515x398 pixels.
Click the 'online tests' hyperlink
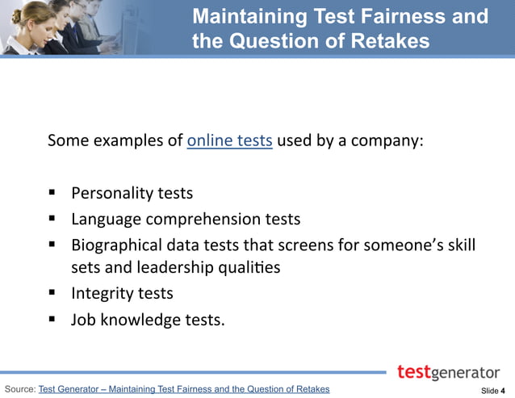point(229,140)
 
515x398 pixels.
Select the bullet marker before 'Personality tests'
point(52,193)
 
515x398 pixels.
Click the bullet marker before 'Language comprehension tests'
point(52,218)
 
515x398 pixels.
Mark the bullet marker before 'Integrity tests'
point(52,292)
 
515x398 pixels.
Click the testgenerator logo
point(448,372)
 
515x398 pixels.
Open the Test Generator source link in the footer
point(183,389)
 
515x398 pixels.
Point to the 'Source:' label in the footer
point(19,389)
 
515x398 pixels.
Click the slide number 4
point(503,391)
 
